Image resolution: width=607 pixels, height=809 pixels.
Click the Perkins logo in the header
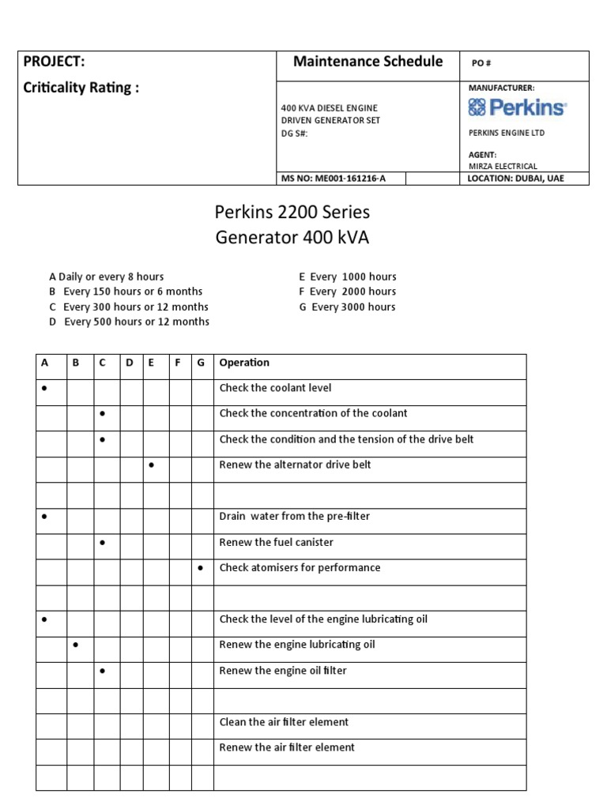tap(517, 107)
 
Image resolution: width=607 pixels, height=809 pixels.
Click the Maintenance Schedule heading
tap(368, 62)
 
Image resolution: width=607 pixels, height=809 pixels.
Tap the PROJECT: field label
tap(55, 62)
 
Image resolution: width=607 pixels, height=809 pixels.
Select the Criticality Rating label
tap(81, 87)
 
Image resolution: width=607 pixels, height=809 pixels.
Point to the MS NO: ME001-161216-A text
tap(334, 179)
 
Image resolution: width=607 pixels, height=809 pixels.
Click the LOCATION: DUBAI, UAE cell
tap(516, 179)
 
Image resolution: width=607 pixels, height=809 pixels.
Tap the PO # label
tap(482, 63)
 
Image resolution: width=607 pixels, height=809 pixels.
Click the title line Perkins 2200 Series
tap(292, 213)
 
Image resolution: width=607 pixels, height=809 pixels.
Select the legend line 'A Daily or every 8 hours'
tap(107, 277)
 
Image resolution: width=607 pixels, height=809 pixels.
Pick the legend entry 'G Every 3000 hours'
tap(347, 307)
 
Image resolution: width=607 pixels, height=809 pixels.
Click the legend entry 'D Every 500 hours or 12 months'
tap(129, 322)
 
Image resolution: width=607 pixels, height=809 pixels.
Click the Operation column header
tap(244, 363)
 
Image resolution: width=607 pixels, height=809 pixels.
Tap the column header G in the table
tap(201, 363)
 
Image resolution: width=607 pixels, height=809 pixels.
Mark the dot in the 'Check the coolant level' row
tap(45, 388)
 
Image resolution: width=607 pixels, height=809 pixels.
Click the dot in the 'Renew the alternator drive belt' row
tap(151, 465)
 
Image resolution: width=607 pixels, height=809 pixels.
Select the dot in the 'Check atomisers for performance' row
tap(201, 568)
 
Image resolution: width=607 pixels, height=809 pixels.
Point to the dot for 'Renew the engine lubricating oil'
tap(76, 645)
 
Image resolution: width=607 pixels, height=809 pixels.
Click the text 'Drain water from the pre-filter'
tap(294, 516)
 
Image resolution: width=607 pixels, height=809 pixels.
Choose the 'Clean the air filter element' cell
tap(284, 722)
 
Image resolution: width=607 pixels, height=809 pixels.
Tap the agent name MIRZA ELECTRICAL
tap(503, 166)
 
